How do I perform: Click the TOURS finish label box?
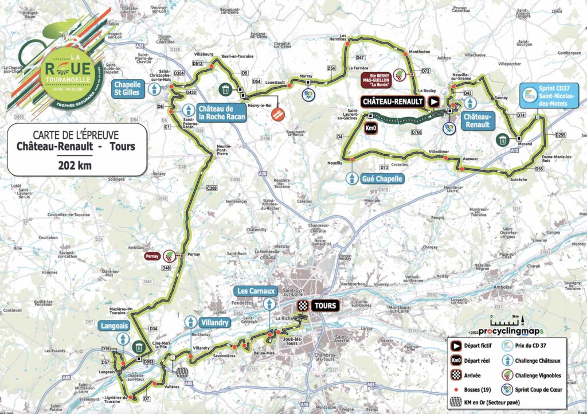coord(324,306)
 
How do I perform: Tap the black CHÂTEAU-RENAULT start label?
coord(393,101)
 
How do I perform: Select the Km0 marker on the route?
coord(371,129)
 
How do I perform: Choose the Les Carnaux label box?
coord(255,291)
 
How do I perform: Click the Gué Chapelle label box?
coord(382,178)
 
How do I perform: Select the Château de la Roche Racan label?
coord(222,113)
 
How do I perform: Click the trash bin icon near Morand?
coord(503,139)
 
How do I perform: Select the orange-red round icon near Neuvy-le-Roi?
coord(278,114)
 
